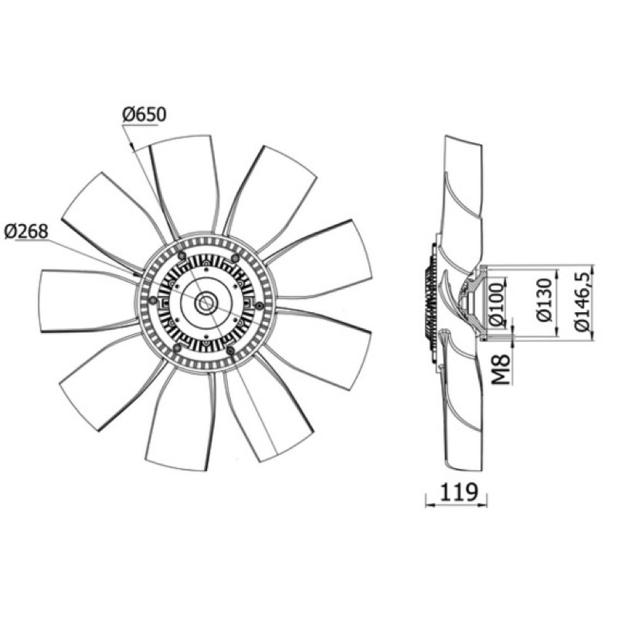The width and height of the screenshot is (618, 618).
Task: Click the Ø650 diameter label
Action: click(144, 114)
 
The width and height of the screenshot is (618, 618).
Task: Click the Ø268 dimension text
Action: click(26, 231)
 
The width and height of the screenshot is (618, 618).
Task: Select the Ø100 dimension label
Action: click(498, 304)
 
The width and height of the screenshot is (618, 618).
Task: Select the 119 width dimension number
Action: click(458, 491)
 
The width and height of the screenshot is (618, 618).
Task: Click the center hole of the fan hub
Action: click(206, 303)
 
